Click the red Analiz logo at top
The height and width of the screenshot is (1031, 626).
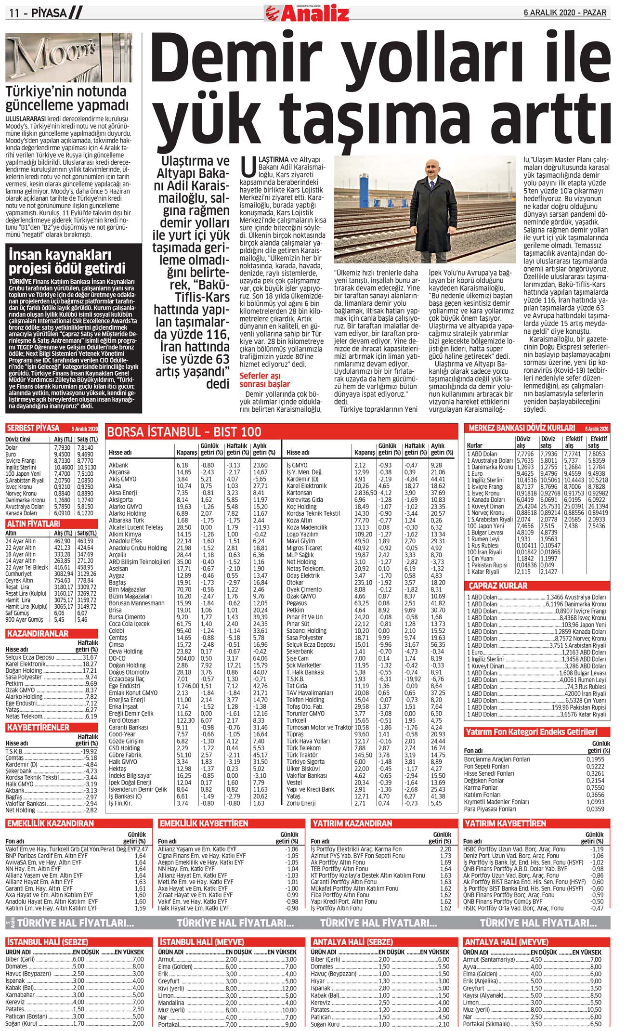coord(307,13)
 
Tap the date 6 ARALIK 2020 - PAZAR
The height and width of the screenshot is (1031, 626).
coord(565,13)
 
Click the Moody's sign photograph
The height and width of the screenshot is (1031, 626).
coord(74,58)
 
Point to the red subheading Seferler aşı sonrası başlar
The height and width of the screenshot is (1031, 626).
coord(265,380)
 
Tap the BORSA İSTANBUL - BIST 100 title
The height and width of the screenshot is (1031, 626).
coord(184,431)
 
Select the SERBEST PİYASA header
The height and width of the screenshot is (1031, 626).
coord(33,428)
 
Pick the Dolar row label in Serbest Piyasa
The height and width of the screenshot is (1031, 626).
coord(12,448)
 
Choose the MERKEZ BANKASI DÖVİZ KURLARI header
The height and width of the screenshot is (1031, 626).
coord(522,428)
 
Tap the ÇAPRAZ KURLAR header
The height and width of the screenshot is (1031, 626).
coord(498,586)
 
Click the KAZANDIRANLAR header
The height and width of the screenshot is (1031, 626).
coord(38,634)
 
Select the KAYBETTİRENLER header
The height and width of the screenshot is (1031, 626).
coord(38,727)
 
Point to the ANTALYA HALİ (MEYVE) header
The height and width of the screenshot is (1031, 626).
coord(506,941)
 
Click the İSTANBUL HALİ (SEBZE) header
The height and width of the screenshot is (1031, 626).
coord(47,941)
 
